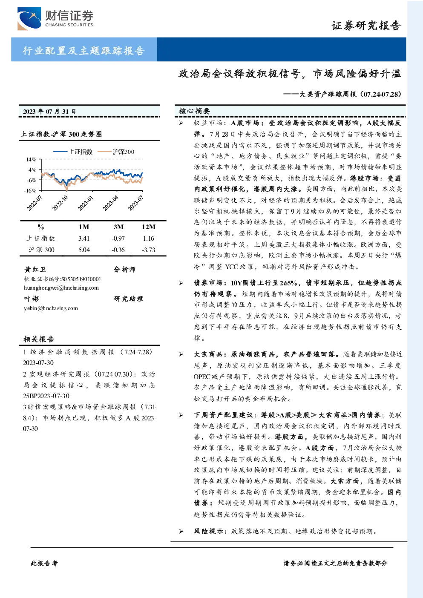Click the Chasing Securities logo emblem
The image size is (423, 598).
point(29,18)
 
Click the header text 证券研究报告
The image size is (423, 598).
point(366,26)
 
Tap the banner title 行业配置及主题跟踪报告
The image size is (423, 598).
point(83,50)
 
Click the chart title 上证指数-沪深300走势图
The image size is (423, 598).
point(61,134)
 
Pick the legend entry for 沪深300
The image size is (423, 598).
point(116,152)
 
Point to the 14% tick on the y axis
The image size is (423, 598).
point(31,159)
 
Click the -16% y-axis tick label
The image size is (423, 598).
point(30,190)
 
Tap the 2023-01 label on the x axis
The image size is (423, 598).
point(85,204)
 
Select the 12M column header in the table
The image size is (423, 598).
point(149,227)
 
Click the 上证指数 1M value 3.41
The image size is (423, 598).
point(84,239)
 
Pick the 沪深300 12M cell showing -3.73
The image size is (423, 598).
point(149,250)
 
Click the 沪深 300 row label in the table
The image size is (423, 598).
point(41,250)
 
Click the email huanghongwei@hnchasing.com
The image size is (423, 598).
point(61,288)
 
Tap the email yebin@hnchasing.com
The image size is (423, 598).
point(51,308)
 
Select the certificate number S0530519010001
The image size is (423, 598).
point(81,279)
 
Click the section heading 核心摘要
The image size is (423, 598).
point(194,111)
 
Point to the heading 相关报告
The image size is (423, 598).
point(39,339)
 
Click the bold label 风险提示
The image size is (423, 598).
point(209,531)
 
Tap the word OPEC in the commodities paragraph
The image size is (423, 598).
point(202,377)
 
